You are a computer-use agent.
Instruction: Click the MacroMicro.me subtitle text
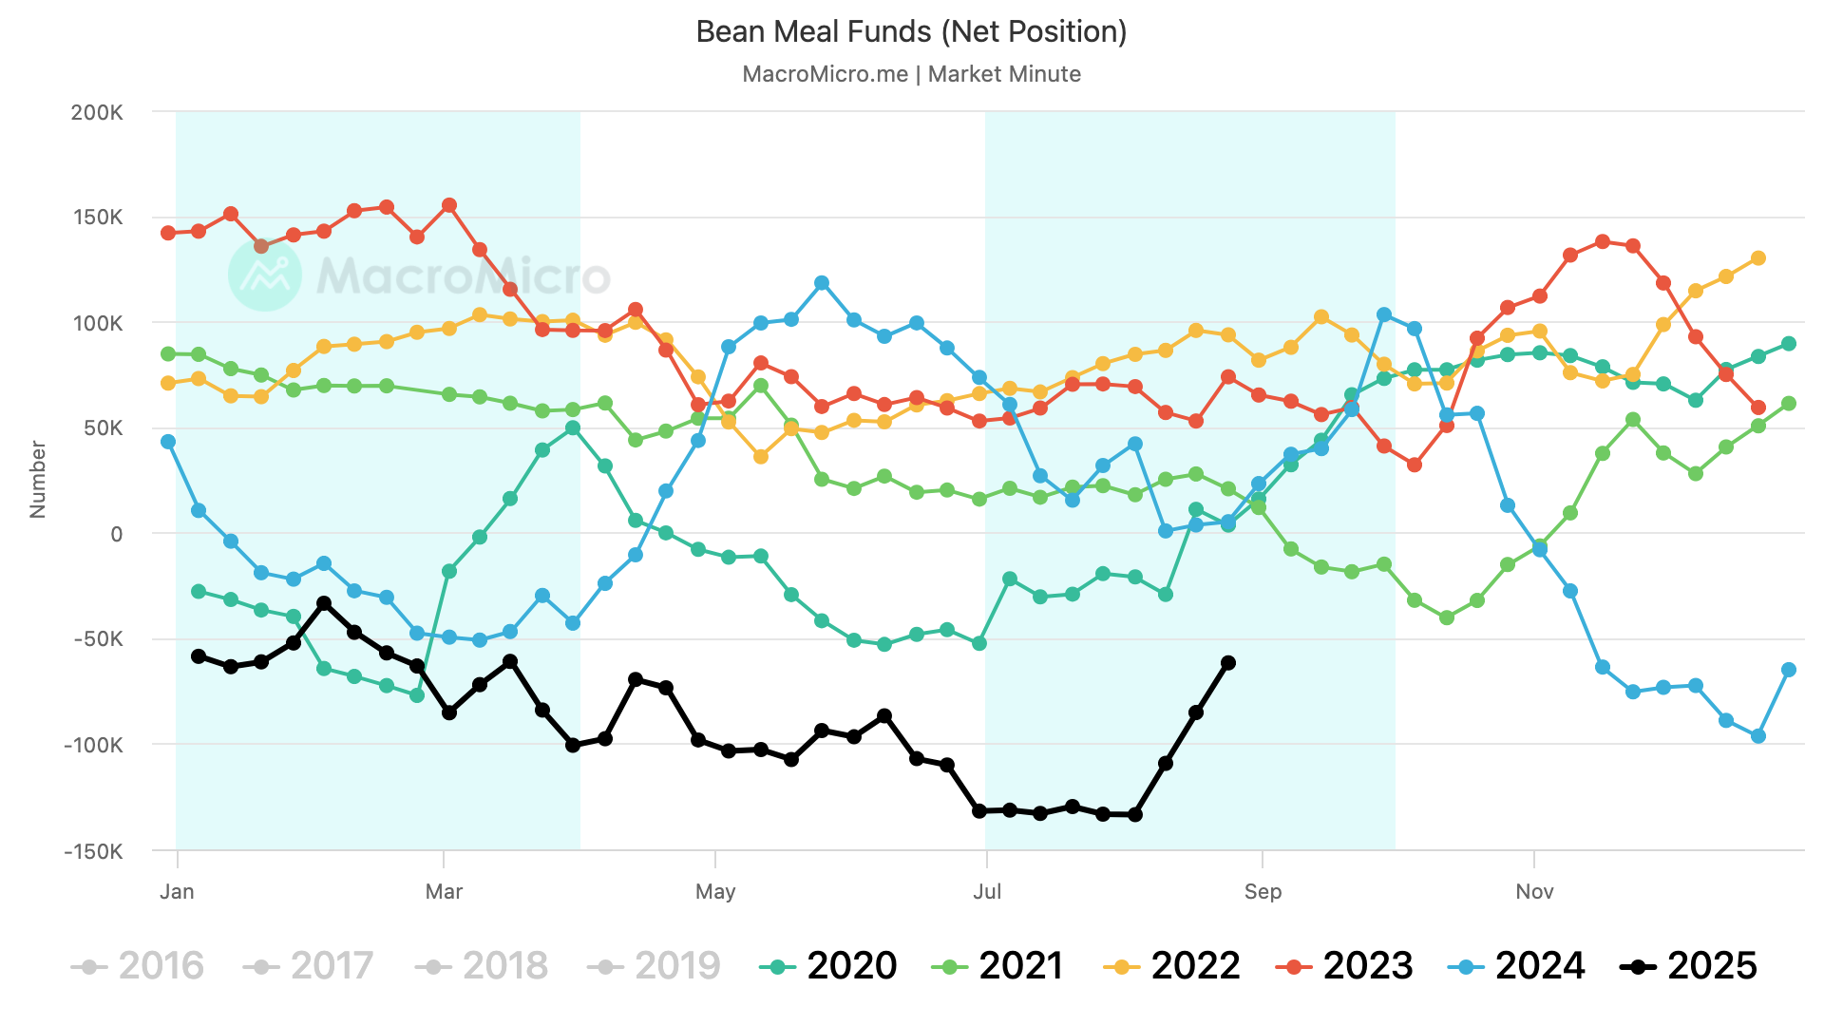[x=825, y=74]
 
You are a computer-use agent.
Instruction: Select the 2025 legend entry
[x=1689, y=966]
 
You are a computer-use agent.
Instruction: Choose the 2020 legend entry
[x=828, y=966]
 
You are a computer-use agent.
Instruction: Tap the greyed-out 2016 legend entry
[x=138, y=966]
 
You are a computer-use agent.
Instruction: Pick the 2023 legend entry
[x=1344, y=966]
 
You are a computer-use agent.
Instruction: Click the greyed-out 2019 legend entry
[x=655, y=966]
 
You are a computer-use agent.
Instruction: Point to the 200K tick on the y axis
[x=97, y=112]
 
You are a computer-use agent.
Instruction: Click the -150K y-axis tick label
[x=93, y=851]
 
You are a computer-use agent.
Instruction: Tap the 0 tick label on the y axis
[x=117, y=535]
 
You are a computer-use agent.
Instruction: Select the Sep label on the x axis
[x=1263, y=891]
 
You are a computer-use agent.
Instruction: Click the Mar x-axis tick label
[x=444, y=891]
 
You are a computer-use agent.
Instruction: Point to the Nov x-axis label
[x=1534, y=891]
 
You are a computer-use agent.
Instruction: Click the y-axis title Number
[x=38, y=479]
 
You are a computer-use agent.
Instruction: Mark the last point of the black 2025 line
[x=1228, y=663]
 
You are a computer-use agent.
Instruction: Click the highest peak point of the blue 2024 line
[x=822, y=283]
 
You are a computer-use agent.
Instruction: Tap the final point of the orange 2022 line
[x=1758, y=258]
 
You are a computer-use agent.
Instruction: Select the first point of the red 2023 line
[x=168, y=233]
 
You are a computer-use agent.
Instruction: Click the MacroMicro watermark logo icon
[x=265, y=275]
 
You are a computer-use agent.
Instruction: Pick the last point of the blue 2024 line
[x=1789, y=670]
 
